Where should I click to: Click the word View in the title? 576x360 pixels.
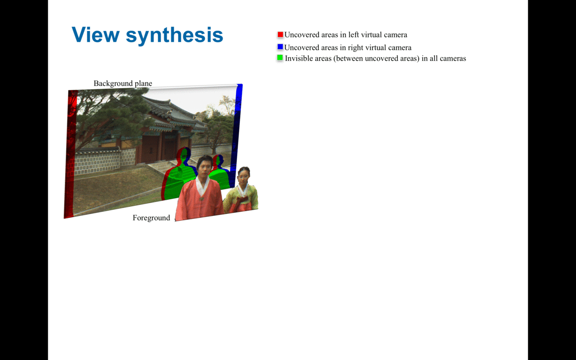[96, 35]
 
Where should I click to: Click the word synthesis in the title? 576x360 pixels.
[174, 36]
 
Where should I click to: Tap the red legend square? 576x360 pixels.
[280, 35]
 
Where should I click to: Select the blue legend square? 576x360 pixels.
[280, 47]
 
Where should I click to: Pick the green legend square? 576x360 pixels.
[280, 58]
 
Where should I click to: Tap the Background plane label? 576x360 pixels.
[123, 84]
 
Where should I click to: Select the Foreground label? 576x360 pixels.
[151, 218]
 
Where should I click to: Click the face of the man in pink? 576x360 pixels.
[204, 169]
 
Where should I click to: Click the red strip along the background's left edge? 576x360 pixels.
[70, 154]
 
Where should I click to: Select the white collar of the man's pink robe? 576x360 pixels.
[203, 186]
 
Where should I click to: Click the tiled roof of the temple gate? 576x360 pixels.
[173, 113]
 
